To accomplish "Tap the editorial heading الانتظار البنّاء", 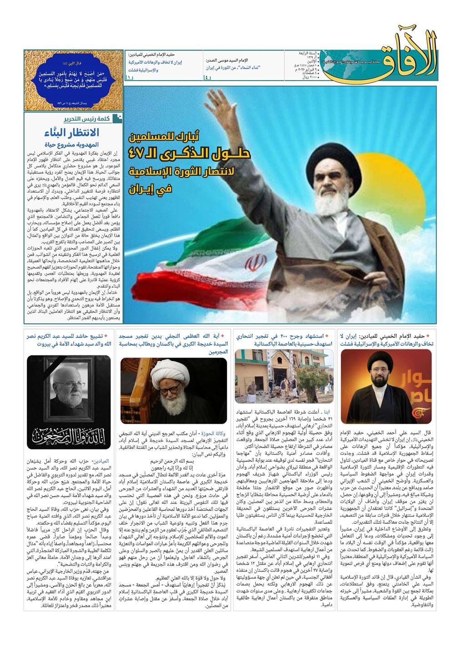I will click(x=71, y=133).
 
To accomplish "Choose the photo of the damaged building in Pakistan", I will click(x=284, y=376).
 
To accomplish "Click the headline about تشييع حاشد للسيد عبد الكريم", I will click(x=68, y=340).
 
